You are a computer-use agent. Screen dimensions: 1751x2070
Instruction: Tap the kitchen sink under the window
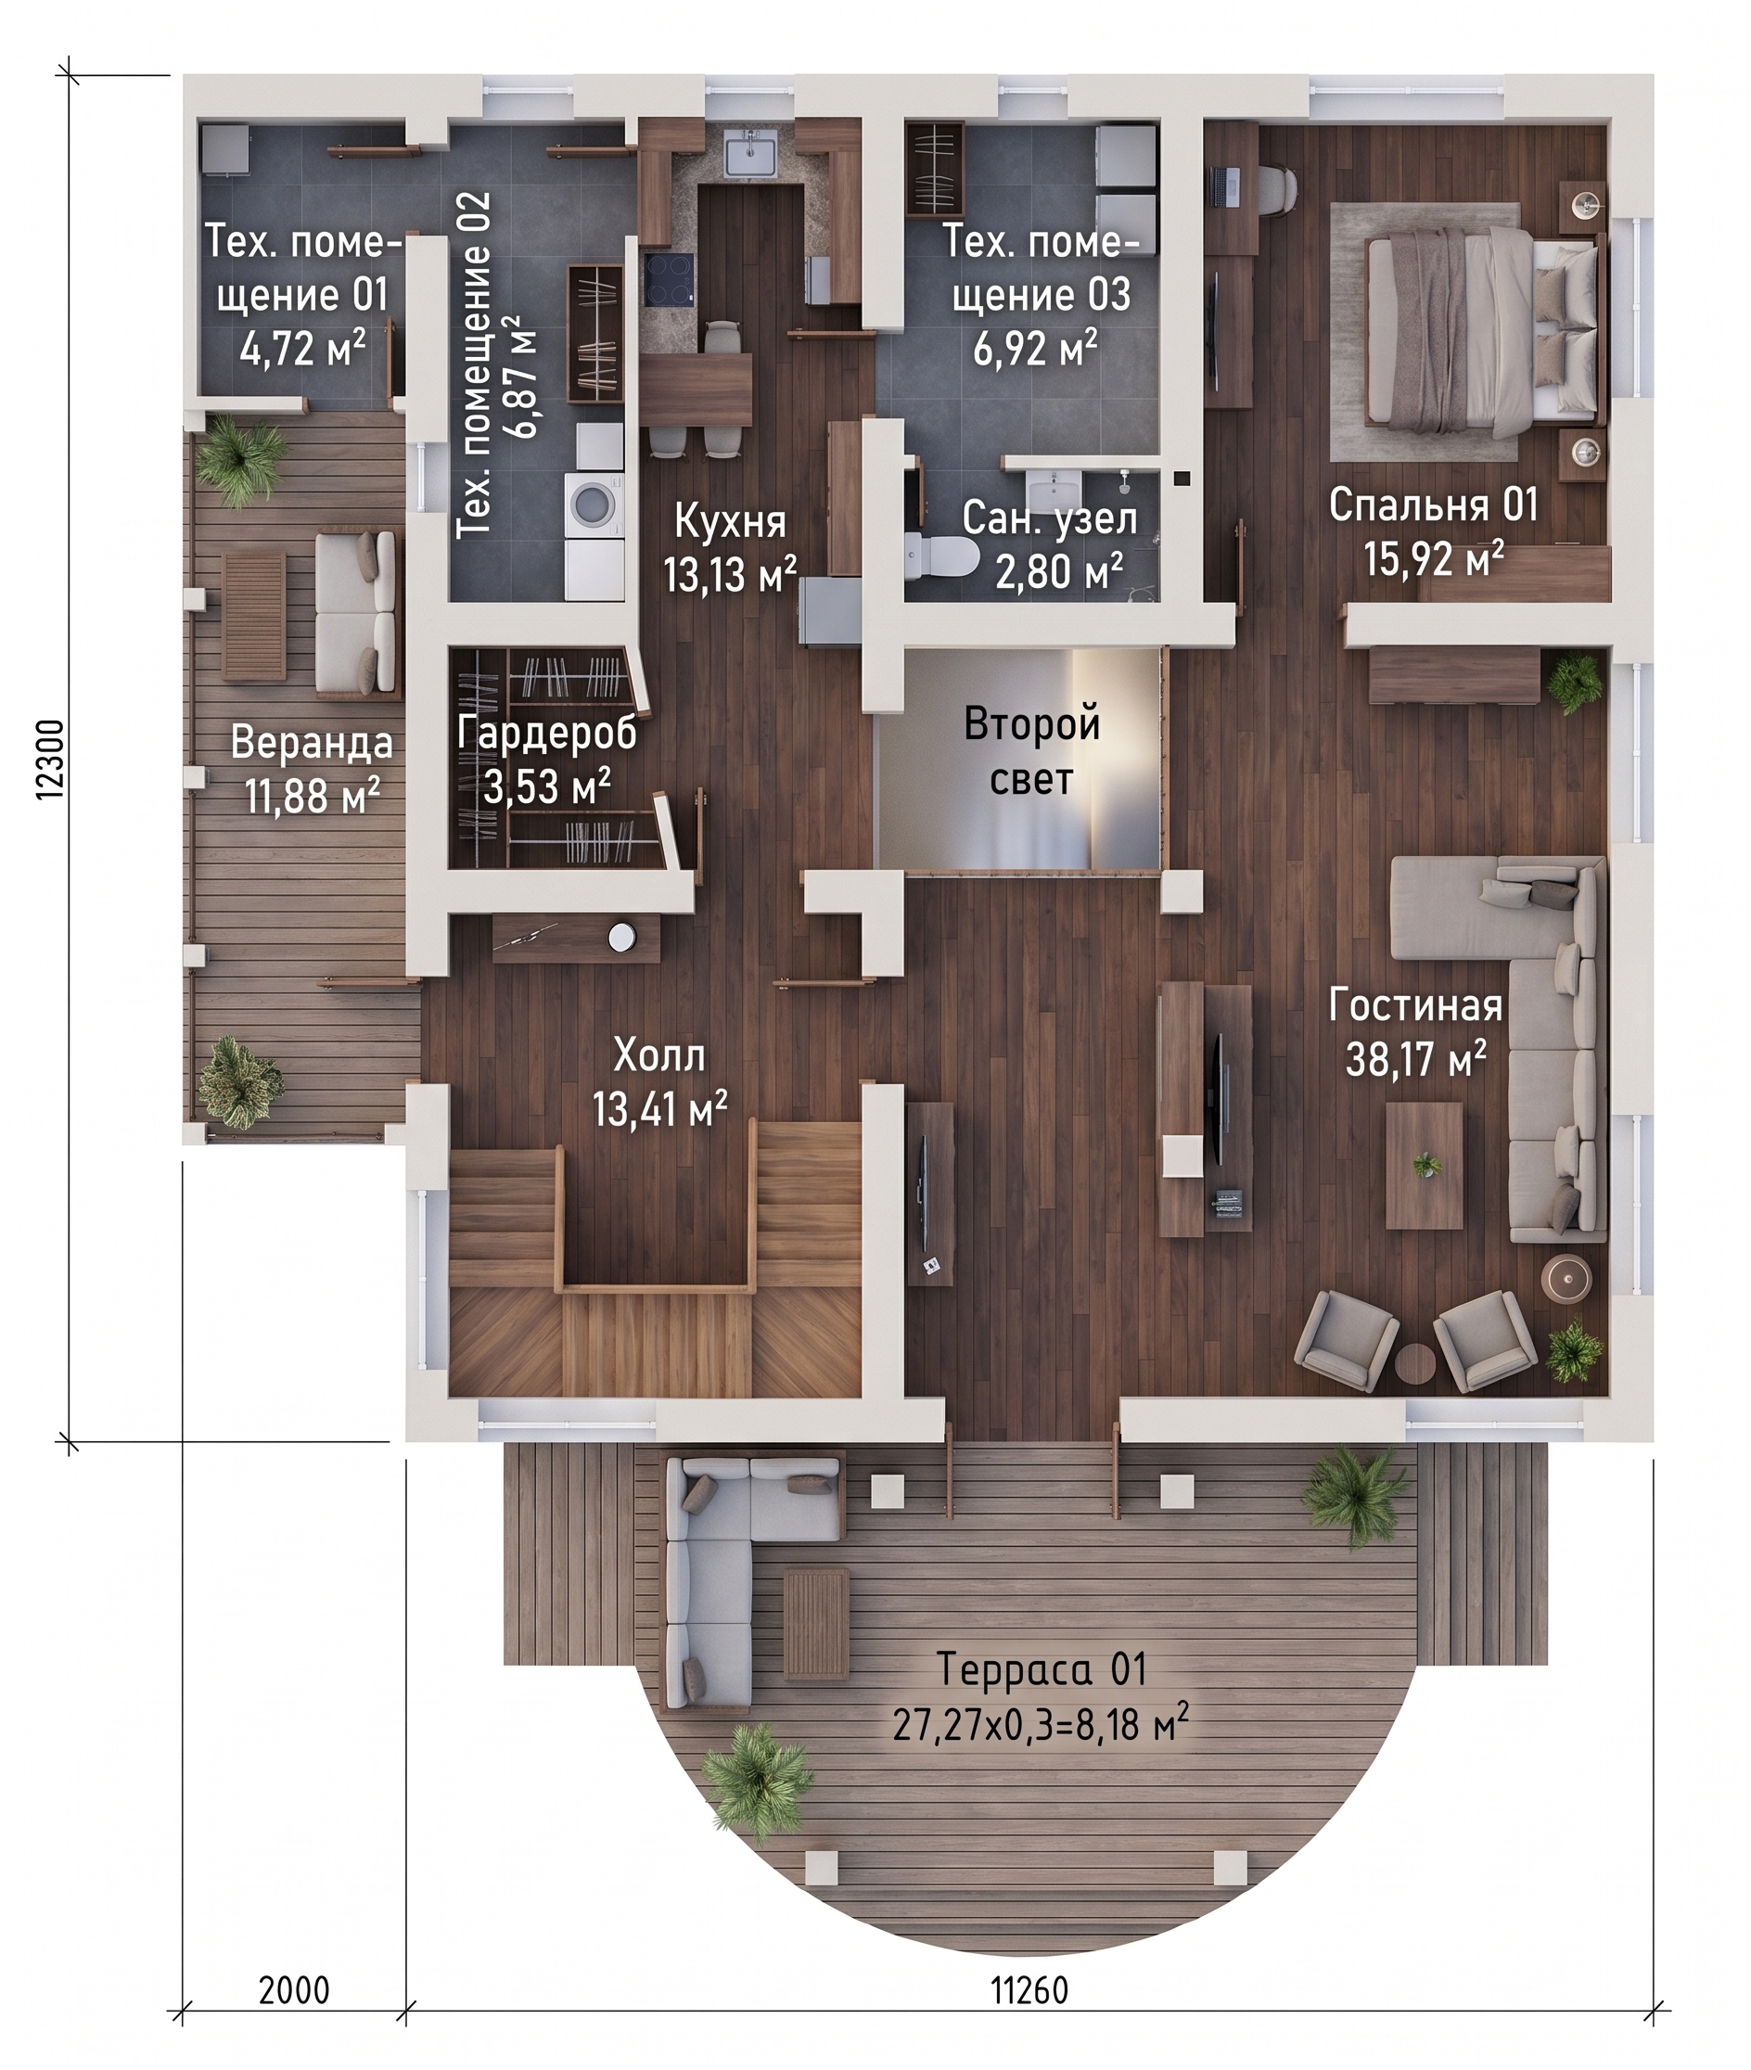click(x=751, y=156)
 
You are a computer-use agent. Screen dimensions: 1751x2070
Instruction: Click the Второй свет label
click(x=1031, y=751)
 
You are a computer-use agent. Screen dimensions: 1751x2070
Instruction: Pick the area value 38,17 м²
click(x=1415, y=1059)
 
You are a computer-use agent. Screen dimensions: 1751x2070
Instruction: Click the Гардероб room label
click(x=547, y=733)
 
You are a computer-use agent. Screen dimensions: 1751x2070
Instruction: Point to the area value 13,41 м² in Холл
click(x=660, y=1109)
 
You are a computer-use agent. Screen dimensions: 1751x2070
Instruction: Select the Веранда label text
click(x=312, y=744)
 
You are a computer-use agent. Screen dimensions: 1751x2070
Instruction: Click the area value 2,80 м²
click(x=1059, y=573)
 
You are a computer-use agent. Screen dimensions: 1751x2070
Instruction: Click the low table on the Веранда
click(x=254, y=616)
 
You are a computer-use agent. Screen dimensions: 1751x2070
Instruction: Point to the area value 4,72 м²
click(x=302, y=350)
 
